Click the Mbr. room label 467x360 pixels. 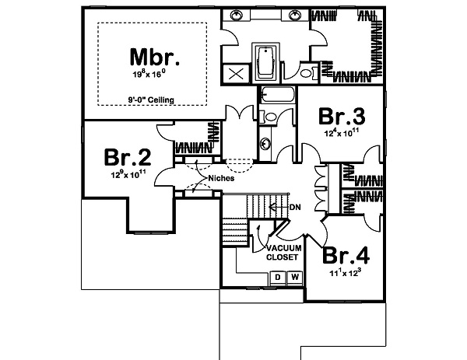155,57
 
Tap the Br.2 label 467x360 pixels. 126,158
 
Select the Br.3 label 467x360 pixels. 342,117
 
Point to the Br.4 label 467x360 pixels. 346,257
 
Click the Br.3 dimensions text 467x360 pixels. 342,133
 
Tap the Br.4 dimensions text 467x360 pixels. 346,274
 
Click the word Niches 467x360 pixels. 220,177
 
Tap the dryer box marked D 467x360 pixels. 276,277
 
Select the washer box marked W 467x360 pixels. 294,277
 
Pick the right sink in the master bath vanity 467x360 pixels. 297,15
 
